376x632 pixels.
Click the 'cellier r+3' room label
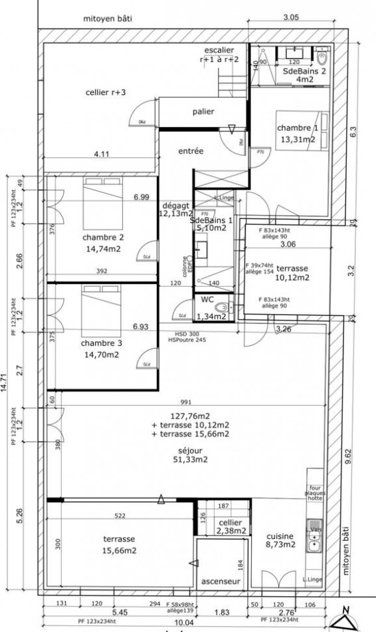106,92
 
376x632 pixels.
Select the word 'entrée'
191,152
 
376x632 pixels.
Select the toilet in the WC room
226,308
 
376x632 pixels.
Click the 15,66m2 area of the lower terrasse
120,551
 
